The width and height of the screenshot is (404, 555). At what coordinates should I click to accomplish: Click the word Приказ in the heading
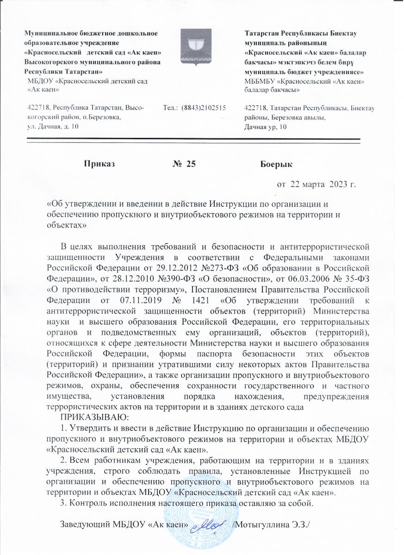[x=99, y=163]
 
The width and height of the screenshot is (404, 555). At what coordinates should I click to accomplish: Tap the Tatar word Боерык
[x=276, y=163]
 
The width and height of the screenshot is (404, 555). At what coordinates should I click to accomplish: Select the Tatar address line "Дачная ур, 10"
[x=265, y=127]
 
